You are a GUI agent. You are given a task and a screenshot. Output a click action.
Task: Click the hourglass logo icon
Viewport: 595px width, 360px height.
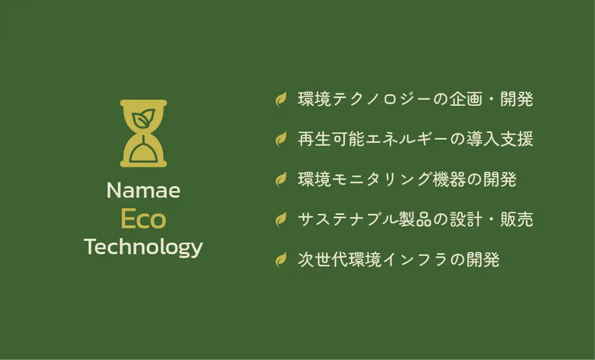pos(143,133)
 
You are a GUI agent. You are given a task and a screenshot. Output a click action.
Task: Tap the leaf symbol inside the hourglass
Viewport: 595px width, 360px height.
pos(143,118)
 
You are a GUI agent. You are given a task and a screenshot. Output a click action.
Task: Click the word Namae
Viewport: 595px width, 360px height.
pos(143,190)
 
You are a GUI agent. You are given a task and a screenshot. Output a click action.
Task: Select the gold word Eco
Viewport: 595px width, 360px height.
pos(143,219)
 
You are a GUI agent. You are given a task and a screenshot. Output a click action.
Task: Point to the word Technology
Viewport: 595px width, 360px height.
pos(143,248)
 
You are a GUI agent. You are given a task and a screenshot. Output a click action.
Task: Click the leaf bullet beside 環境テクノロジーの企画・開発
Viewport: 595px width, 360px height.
pos(281,100)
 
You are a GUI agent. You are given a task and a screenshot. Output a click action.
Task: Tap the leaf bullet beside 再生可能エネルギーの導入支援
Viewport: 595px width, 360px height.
pos(281,140)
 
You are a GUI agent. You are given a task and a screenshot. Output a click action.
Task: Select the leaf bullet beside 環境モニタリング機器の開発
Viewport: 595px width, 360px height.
pos(281,179)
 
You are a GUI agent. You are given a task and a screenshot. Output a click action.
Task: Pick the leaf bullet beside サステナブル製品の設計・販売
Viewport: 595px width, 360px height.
pos(281,219)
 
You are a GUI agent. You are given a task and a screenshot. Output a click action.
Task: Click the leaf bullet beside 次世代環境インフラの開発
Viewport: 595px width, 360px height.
pos(281,260)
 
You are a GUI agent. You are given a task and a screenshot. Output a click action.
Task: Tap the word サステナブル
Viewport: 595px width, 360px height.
pos(348,219)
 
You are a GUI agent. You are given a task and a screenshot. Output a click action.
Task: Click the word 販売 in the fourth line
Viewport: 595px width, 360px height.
pos(517,219)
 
